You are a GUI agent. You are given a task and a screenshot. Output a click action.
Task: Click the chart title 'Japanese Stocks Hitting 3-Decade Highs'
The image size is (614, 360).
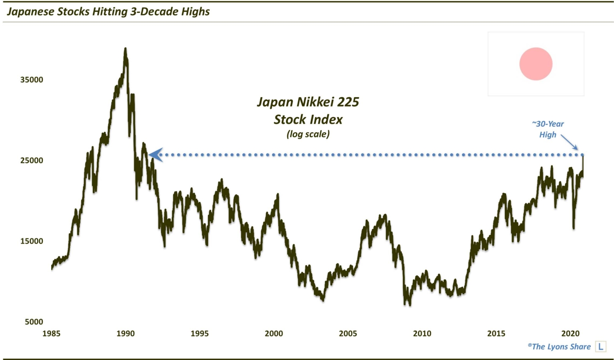pyautogui.click(x=108, y=12)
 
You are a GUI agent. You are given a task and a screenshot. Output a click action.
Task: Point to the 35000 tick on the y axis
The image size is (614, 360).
pyautogui.click(x=32, y=80)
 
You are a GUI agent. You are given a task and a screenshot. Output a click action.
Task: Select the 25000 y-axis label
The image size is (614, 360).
pyautogui.click(x=32, y=160)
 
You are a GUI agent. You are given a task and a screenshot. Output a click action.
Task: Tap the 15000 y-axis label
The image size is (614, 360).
pyautogui.click(x=32, y=241)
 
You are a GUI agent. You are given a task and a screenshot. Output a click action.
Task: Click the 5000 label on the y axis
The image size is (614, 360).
pyautogui.click(x=34, y=322)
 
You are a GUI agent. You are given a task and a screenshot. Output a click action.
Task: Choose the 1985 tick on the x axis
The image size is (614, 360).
pyautogui.click(x=51, y=334)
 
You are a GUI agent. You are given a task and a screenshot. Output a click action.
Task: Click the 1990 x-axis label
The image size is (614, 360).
pyautogui.click(x=126, y=334)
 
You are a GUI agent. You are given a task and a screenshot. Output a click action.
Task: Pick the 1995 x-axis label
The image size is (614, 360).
pyautogui.click(x=199, y=334)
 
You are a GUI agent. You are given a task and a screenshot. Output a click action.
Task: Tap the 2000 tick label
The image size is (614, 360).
pyautogui.click(x=274, y=334)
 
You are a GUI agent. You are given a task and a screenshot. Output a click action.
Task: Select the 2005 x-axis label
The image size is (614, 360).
pyautogui.click(x=348, y=334)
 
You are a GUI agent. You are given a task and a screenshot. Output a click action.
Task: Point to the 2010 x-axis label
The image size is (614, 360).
pyautogui.click(x=422, y=334)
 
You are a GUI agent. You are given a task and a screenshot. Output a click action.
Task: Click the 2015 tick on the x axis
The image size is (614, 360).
pyautogui.click(x=496, y=334)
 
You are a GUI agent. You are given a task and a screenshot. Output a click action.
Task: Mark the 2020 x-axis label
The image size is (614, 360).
pyautogui.click(x=570, y=334)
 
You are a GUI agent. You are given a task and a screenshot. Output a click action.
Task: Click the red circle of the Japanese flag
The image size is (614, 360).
pyautogui.click(x=536, y=64)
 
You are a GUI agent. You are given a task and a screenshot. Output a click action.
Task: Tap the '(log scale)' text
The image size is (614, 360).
pyautogui.click(x=308, y=134)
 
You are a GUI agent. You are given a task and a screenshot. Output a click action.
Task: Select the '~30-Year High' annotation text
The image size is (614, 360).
pyautogui.click(x=548, y=129)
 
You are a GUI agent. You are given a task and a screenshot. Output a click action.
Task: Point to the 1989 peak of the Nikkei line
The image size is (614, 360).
pyautogui.click(x=126, y=49)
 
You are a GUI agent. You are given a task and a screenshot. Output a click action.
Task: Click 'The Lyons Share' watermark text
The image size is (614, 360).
pyautogui.click(x=559, y=347)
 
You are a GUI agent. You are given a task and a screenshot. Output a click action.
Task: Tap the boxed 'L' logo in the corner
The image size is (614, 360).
pyautogui.click(x=600, y=347)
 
